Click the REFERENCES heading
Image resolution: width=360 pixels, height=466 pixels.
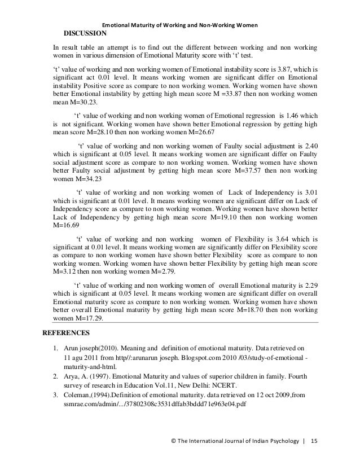coord(67,332)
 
